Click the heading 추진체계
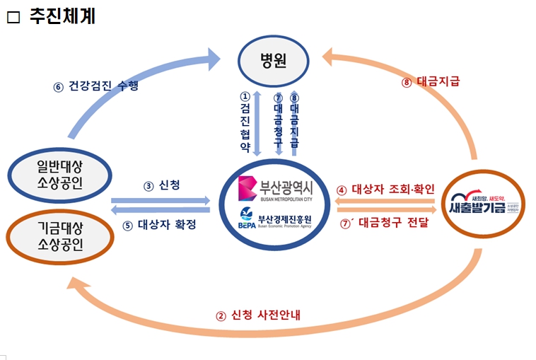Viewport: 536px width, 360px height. click(62, 16)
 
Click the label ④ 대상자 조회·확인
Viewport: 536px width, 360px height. click(385, 190)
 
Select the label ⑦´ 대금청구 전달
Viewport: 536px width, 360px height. click(385, 223)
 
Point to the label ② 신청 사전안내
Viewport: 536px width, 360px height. click(259, 315)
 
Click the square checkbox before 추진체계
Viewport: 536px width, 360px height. click(13, 18)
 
